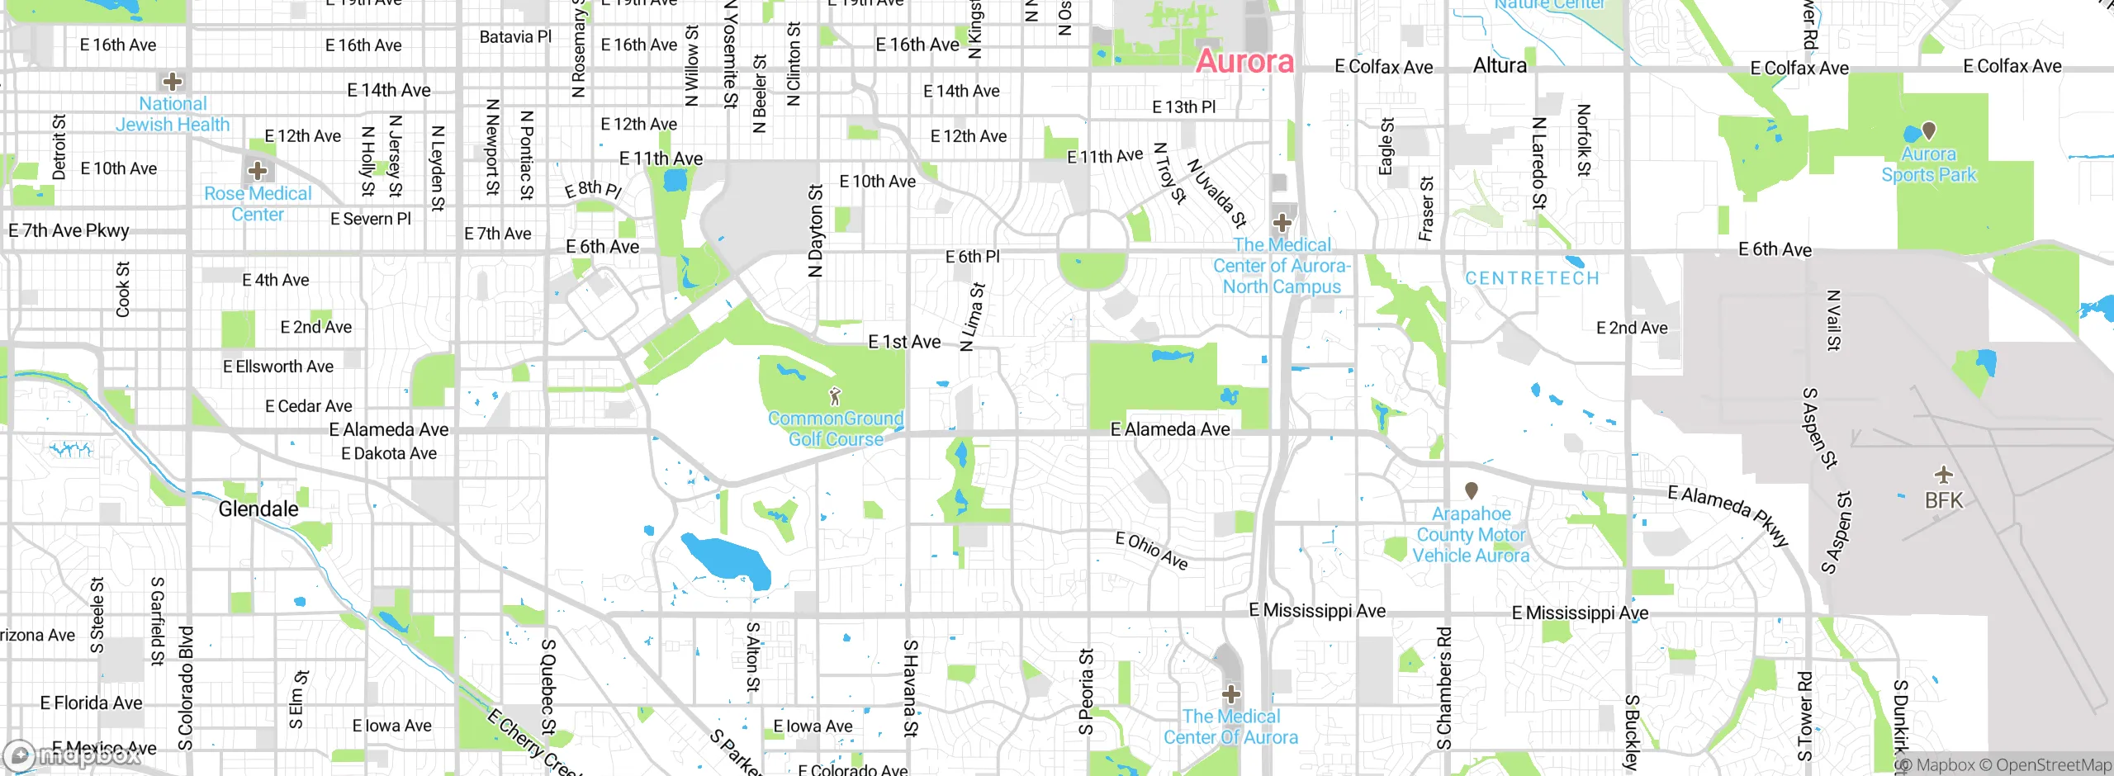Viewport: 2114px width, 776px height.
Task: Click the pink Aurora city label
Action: (1244, 61)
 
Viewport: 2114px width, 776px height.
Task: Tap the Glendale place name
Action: (258, 509)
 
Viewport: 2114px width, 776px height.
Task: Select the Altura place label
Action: (1500, 65)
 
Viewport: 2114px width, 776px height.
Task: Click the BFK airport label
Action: (1944, 500)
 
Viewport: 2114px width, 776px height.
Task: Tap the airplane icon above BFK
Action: (1944, 475)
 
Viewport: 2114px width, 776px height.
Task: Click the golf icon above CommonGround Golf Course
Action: (835, 396)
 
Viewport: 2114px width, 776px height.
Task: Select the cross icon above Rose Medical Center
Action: (258, 171)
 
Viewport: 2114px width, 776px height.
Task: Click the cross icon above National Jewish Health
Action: (173, 81)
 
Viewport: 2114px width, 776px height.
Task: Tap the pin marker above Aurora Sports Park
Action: (1929, 130)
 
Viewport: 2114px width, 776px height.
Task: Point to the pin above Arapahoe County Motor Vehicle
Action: (1471, 490)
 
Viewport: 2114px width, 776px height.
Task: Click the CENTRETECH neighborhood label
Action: (1532, 278)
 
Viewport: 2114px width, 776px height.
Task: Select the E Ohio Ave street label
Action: (1151, 551)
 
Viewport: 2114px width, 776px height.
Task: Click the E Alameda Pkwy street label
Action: (1728, 515)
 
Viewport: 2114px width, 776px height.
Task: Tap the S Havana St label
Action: (910, 688)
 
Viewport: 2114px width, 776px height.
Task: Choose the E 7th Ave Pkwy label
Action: (69, 230)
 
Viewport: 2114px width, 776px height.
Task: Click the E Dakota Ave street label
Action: (389, 453)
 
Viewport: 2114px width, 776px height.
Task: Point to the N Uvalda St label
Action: (1216, 193)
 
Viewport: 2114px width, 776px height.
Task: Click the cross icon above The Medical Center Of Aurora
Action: (1231, 693)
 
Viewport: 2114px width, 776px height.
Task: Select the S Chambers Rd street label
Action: (1443, 688)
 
